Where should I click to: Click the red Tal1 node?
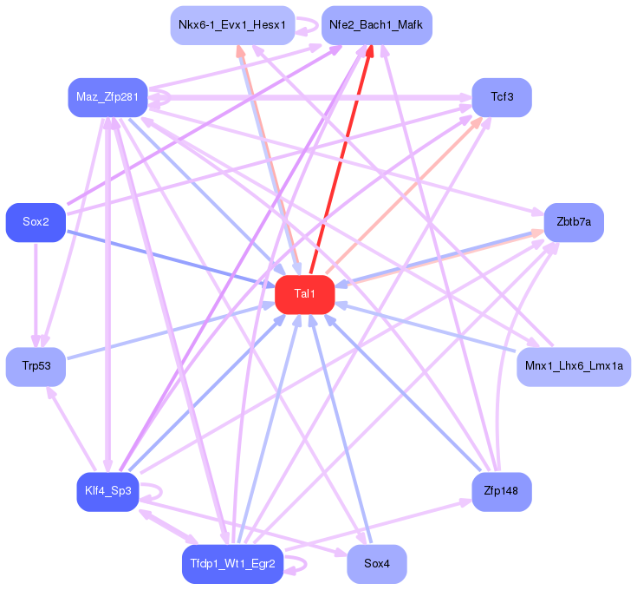pyautogui.click(x=304, y=295)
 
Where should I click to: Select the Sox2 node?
pyautogui.click(x=36, y=223)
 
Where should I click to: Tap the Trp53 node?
pyautogui.click(x=36, y=367)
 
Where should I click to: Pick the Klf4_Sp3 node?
pyautogui.click(x=107, y=492)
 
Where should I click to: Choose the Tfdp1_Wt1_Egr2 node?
pyautogui.click(x=231, y=565)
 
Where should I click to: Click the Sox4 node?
pyautogui.click(x=376, y=565)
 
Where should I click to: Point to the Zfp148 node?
pyautogui.click(x=501, y=492)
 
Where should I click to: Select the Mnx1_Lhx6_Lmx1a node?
pyautogui.click(x=573, y=367)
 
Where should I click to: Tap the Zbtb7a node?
pyautogui.click(x=573, y=223)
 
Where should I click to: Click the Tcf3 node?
pyautogui.click(x=501, y=97)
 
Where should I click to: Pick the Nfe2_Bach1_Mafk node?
pyautogui.click(x=376, y=25)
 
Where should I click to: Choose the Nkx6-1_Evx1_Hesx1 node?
pyautogui.click(x=231, y=25)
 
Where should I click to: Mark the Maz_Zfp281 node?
pyautogui.click(x=107, y=97)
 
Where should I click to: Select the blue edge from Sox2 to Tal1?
pyautogui.click(x=165, y=258)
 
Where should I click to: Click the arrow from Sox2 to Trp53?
pyautogui.click(x=36, y=295)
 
